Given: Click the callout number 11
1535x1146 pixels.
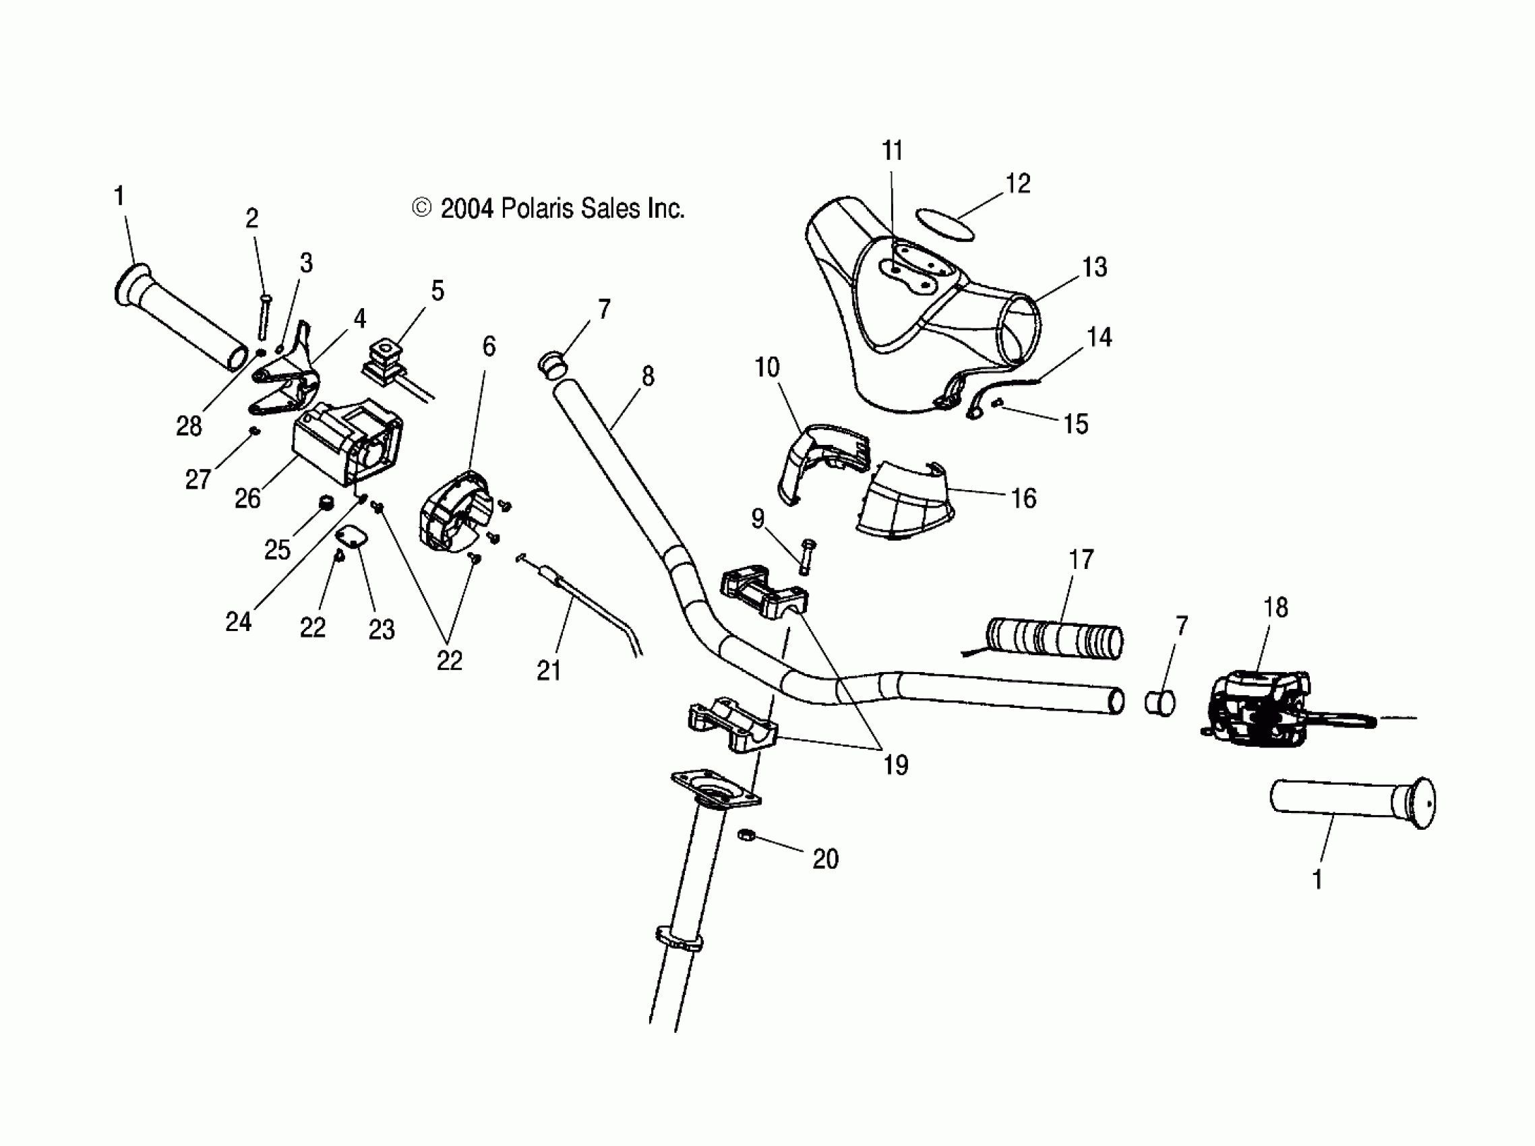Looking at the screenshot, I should tap(892, 150).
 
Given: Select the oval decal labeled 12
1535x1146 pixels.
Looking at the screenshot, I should tap(944, 224).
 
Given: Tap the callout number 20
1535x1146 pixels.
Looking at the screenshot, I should tap(825, 859).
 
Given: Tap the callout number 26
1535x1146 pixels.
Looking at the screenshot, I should tap(247, 498).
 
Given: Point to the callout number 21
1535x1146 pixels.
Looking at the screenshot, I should tap(549, 670).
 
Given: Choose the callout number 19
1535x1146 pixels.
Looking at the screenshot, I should tap(895, 765).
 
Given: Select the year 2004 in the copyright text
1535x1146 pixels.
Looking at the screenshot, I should tap(466, 208).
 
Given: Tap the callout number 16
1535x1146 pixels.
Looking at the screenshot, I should tap(1024, 498).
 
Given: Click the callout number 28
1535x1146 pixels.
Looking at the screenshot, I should tap(189, 426).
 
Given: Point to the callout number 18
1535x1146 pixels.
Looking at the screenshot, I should tap(1275, 607).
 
